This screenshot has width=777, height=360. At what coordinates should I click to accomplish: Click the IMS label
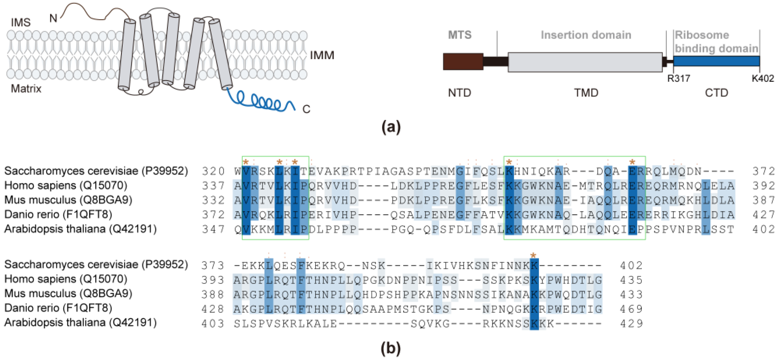coord(21,22)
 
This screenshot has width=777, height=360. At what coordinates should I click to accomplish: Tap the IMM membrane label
coord(322,55)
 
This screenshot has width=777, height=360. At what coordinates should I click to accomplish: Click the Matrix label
coord(26,89)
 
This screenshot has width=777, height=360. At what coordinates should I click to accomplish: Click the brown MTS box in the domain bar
coord(463,62)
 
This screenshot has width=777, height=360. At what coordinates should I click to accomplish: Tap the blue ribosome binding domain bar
coord(716,61)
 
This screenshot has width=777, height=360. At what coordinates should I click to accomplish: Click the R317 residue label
coord(678,78)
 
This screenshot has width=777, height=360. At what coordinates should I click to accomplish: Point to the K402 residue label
coord(762,78)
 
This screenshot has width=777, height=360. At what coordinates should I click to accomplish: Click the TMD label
coord(586,93)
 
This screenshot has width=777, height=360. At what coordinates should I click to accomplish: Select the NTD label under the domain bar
coord(460,93)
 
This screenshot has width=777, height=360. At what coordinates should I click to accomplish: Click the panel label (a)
coord(391,127)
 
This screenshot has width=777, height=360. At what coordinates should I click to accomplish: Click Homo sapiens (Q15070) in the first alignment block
coord(66,185)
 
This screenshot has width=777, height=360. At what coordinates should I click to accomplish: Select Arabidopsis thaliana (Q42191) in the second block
coord(80,323)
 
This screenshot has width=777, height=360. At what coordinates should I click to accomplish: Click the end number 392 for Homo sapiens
coord(764,185)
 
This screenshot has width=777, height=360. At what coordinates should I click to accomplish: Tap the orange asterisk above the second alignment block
coord(533,256)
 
